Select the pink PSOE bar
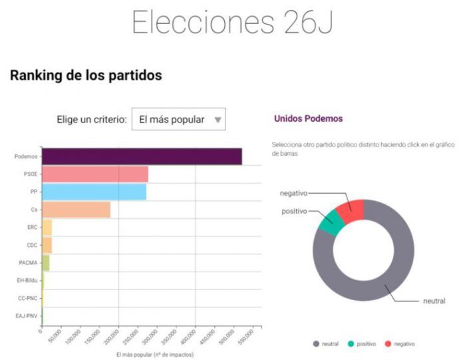click(95, 174)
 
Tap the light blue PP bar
click(94, 192)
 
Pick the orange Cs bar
click(76, 210)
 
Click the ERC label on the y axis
click(32, 228)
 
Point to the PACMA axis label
click(28, 263)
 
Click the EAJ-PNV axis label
click(27, 316)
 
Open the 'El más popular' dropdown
click(178, 120)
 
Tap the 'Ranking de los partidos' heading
click(86, 75)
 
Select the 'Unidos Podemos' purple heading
click(308, 118)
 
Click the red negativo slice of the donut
click(351, 210)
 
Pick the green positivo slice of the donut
click(329, 222)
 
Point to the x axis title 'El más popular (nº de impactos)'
click(150, 355)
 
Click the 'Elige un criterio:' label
click(91, 120)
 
